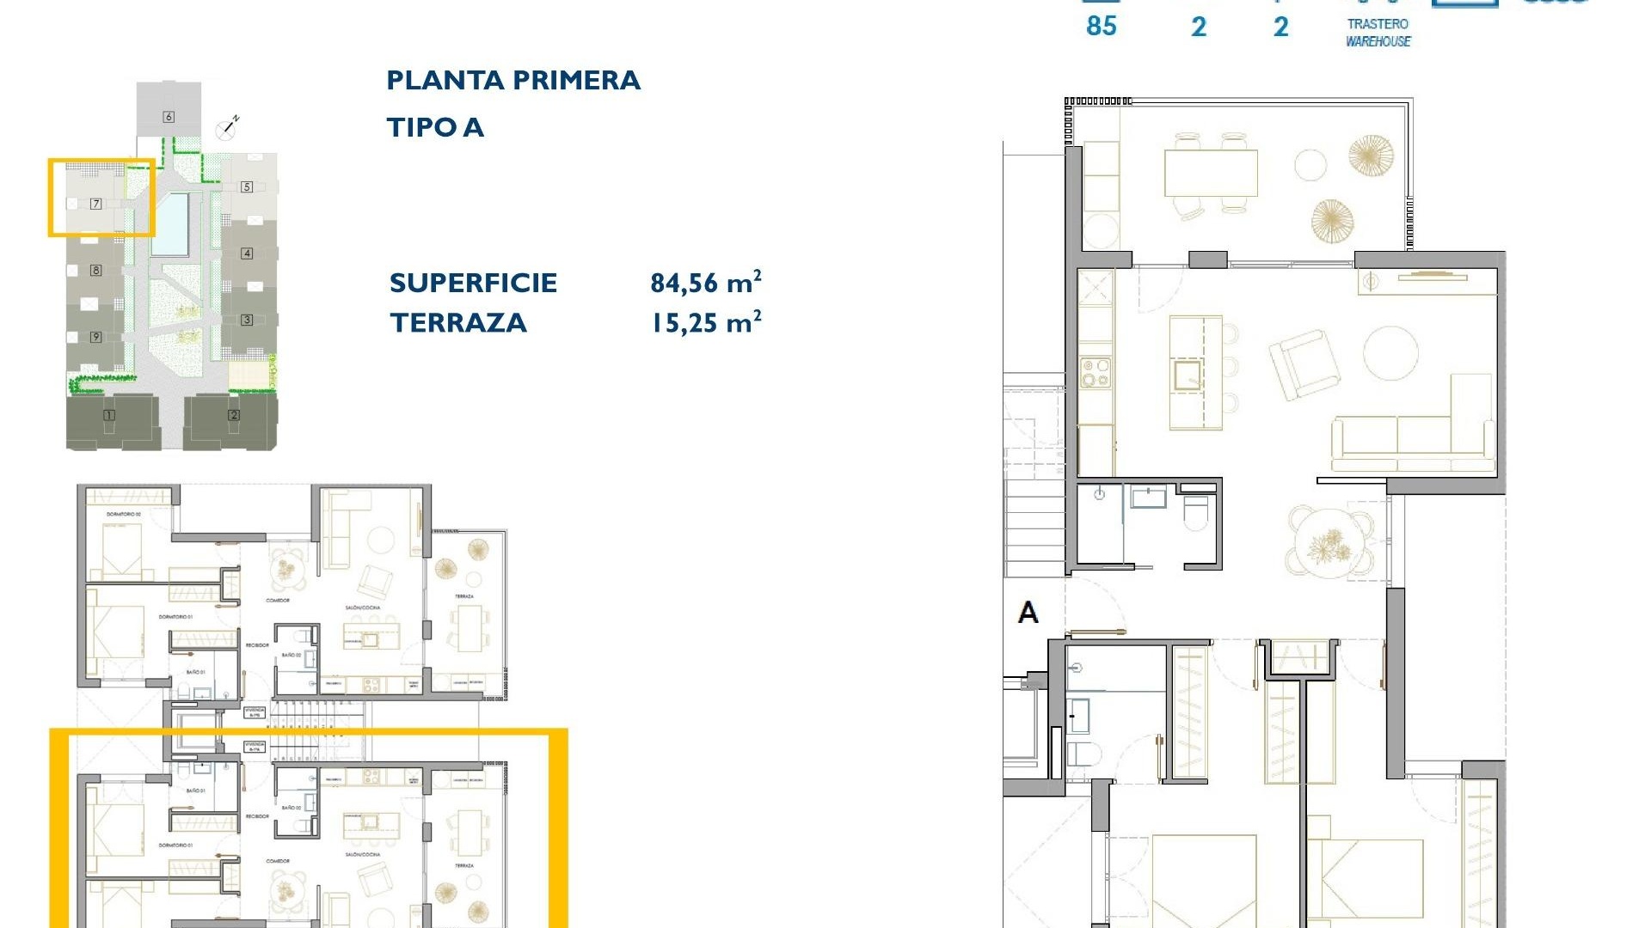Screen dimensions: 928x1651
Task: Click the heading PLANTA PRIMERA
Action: coord(513,81)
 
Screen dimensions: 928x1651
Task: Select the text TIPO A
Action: coord(435,128)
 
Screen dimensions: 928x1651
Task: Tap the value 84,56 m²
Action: coord(705,282)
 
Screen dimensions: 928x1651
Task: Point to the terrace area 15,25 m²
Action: coord(705,322)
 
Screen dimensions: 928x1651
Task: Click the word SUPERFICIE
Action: coord(473,283)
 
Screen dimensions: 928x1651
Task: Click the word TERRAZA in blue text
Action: coord(458,323)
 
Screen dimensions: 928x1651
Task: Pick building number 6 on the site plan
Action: coord(169,117)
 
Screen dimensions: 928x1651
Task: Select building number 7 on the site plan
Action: coord(96,204)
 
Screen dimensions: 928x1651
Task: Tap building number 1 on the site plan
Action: coord(109,415)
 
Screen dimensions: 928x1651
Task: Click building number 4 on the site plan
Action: coord(247,253)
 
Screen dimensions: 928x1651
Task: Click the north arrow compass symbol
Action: coord(228,128)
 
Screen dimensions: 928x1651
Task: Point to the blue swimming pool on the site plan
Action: coord(170,223)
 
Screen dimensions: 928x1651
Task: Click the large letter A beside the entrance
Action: coord(1028,613)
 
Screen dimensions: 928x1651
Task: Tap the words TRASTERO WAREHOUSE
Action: coord(1378,33)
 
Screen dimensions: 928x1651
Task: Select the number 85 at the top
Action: coord(1101,26)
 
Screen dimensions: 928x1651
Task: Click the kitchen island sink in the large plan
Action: coord(1188,375)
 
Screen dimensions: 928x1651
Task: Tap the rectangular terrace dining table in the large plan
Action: coord(1211,174)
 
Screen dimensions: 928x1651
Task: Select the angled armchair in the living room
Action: coord(1304,364)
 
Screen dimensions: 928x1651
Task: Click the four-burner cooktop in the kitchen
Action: coord(1096,373)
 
